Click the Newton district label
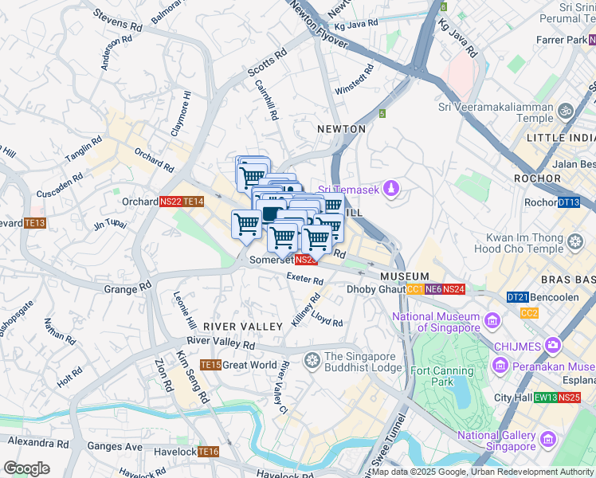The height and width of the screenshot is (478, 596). (341, 129)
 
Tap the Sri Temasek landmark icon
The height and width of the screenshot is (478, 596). (390, 189)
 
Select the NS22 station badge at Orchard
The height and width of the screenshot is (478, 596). (171, 202)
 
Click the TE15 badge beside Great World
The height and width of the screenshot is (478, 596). (210, 365)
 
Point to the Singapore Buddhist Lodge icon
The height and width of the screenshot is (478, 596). (312, 361)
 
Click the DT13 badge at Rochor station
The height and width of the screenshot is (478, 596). (568, 202)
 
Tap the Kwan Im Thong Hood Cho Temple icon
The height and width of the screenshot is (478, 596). (574, 240)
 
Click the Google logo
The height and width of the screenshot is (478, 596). (26, 468)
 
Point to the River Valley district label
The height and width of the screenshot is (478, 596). (243, 327)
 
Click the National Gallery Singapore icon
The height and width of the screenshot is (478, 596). (547, 440)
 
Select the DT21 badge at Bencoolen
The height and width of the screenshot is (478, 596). (517, 297)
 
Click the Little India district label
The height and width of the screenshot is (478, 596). (561, 138)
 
